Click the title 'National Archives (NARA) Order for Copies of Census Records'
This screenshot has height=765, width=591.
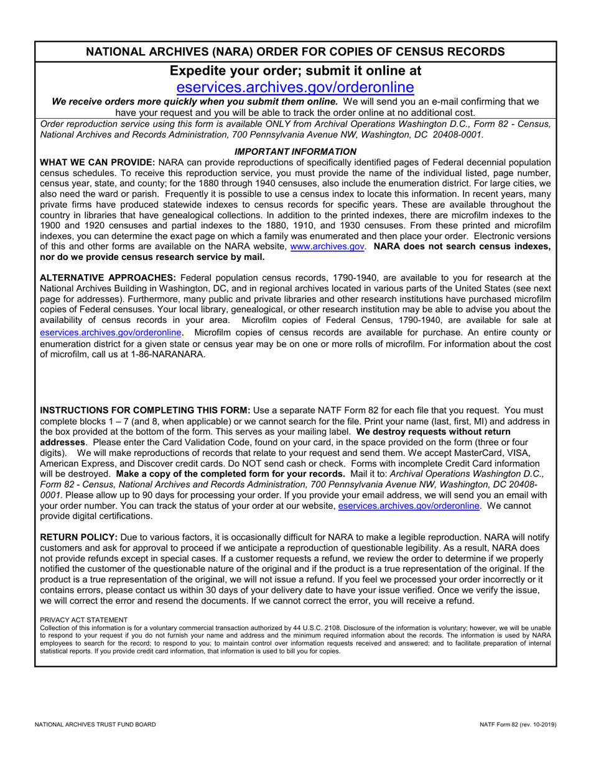(295, 52)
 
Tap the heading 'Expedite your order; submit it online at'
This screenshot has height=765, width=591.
(295, 70)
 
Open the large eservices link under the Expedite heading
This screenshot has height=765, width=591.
(295, 87)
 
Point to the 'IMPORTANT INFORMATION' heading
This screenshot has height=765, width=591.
(295, 151)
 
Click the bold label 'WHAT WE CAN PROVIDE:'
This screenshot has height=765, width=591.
(98, 162)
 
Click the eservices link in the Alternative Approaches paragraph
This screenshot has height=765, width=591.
(111, 332)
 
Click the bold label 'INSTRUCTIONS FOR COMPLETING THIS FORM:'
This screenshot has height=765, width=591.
(145, 410)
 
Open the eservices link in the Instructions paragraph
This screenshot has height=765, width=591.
(409, 506)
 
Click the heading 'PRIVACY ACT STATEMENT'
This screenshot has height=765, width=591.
(84, 620)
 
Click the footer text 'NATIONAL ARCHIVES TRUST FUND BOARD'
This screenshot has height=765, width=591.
(95, 725)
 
